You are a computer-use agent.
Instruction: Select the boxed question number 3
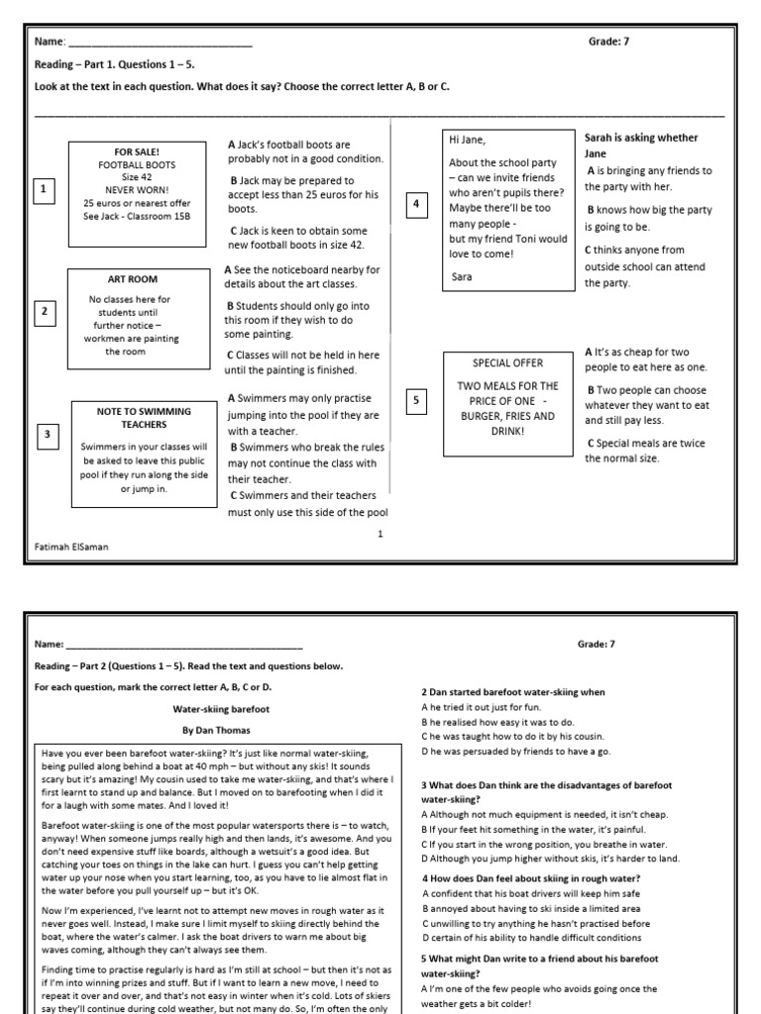[47, 434]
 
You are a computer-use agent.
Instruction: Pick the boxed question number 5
[416, 400]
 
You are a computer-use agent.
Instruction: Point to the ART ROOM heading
[132, 279]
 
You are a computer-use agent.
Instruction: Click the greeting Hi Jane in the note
[468, 140]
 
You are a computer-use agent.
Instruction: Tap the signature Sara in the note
[461, 277]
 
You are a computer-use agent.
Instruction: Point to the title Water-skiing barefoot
[210, 708]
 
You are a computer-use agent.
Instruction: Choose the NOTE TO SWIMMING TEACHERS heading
[144, 417]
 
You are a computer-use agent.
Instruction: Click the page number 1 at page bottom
[380, 534]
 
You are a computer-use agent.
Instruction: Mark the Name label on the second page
[50, 645]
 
